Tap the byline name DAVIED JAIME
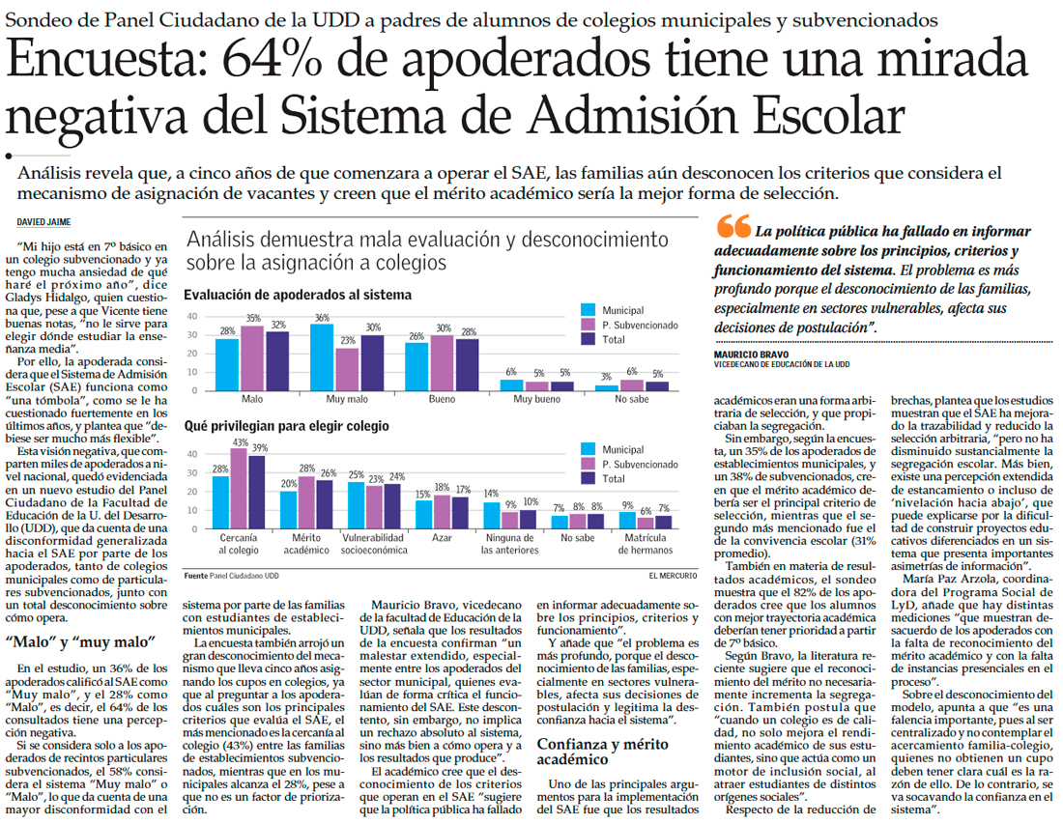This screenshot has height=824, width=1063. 44,222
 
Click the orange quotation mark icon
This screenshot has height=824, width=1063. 734,228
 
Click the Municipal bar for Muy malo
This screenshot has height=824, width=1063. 322,356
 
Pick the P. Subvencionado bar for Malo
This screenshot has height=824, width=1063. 253,357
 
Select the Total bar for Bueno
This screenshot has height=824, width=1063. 468,364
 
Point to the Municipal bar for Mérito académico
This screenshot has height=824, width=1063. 288,510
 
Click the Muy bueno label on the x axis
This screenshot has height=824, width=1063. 535,398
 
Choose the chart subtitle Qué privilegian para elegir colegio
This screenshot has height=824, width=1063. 287,426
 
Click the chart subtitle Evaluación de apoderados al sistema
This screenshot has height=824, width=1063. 298,295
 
